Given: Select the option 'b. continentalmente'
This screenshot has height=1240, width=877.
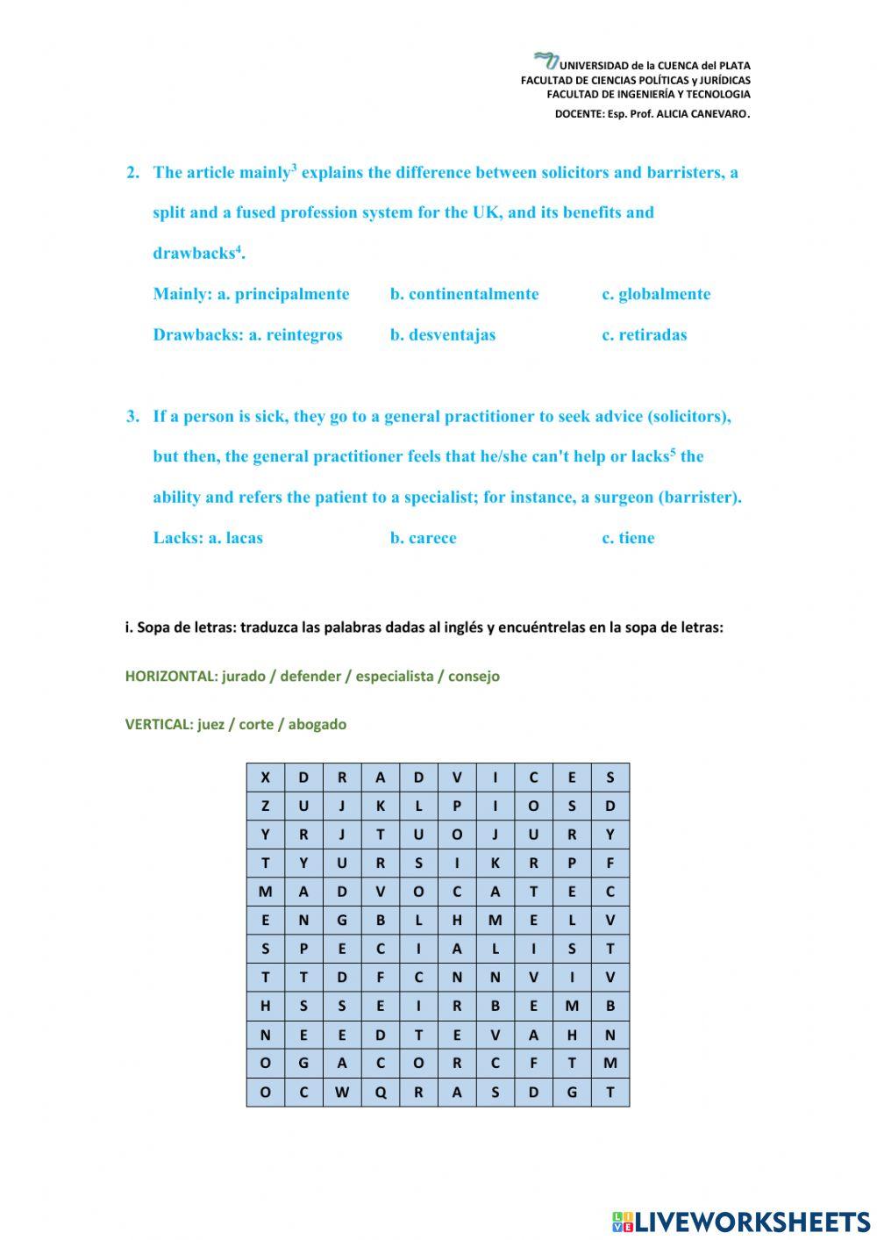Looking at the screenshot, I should coord(464,294).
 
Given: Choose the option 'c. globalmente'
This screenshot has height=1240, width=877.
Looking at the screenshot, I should coord(655,294).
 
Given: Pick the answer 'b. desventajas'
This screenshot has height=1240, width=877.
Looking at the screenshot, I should coord(442,334).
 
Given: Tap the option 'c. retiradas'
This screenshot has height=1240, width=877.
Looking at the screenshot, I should coord(644,334).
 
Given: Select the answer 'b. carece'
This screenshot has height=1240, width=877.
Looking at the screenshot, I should coord(423,538).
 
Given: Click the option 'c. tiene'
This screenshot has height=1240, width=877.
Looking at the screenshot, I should coord(628,538).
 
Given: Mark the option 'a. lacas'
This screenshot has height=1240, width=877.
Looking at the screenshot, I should coord(234,538).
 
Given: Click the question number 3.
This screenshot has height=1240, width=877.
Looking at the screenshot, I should coord(132,417).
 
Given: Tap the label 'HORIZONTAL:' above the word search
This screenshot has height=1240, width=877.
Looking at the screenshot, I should coord(171,677).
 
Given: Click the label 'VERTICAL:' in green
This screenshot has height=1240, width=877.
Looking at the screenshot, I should coord(159,725).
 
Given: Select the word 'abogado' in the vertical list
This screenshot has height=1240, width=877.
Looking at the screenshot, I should coord(317,725).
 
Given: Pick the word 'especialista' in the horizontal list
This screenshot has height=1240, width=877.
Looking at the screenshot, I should coord(394,677).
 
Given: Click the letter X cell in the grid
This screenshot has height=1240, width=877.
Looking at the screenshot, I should coord(265,778).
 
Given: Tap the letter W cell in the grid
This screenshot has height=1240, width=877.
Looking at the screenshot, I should coord(341,1093).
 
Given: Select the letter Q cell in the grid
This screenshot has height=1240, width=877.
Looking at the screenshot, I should coord(380,1093).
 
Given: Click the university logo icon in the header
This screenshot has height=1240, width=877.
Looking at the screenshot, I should coord(545,61).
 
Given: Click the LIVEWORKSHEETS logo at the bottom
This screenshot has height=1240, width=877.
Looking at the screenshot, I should coord(741,1222).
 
